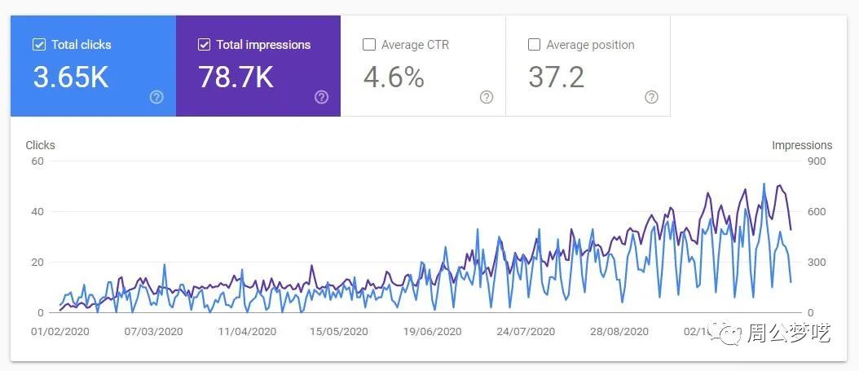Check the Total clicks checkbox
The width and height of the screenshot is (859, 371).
click(39, 45)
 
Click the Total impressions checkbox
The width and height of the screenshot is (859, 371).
click(205, 45)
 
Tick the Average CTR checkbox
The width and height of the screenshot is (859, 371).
click(369, 45)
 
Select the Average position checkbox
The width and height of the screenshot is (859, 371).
click(535, 45)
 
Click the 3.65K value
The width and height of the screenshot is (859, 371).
click(71, 77)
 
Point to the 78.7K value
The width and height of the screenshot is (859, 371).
click(236, 77)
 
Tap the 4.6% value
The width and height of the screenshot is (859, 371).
click(394, 77)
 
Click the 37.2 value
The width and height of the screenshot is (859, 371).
click(557, 77)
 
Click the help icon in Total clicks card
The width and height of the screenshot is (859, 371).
click(156, 97)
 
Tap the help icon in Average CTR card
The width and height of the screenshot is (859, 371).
click(487, 97)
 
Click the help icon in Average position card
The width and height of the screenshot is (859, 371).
click(651, 97)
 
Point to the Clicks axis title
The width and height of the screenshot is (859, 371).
click(40, 145)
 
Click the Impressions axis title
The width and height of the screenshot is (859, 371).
click(802, 145)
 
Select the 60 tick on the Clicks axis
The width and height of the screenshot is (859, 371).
click(37, 161)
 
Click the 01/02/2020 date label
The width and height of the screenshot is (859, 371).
click(60, 332)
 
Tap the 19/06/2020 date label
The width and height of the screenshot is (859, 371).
click(432, 332)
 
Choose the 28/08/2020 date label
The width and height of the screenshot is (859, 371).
click(619, 332)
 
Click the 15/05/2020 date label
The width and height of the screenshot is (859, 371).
click(339, 332)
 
